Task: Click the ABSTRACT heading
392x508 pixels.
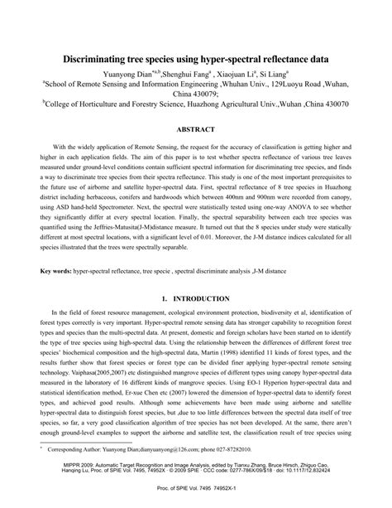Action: point(195,130)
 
